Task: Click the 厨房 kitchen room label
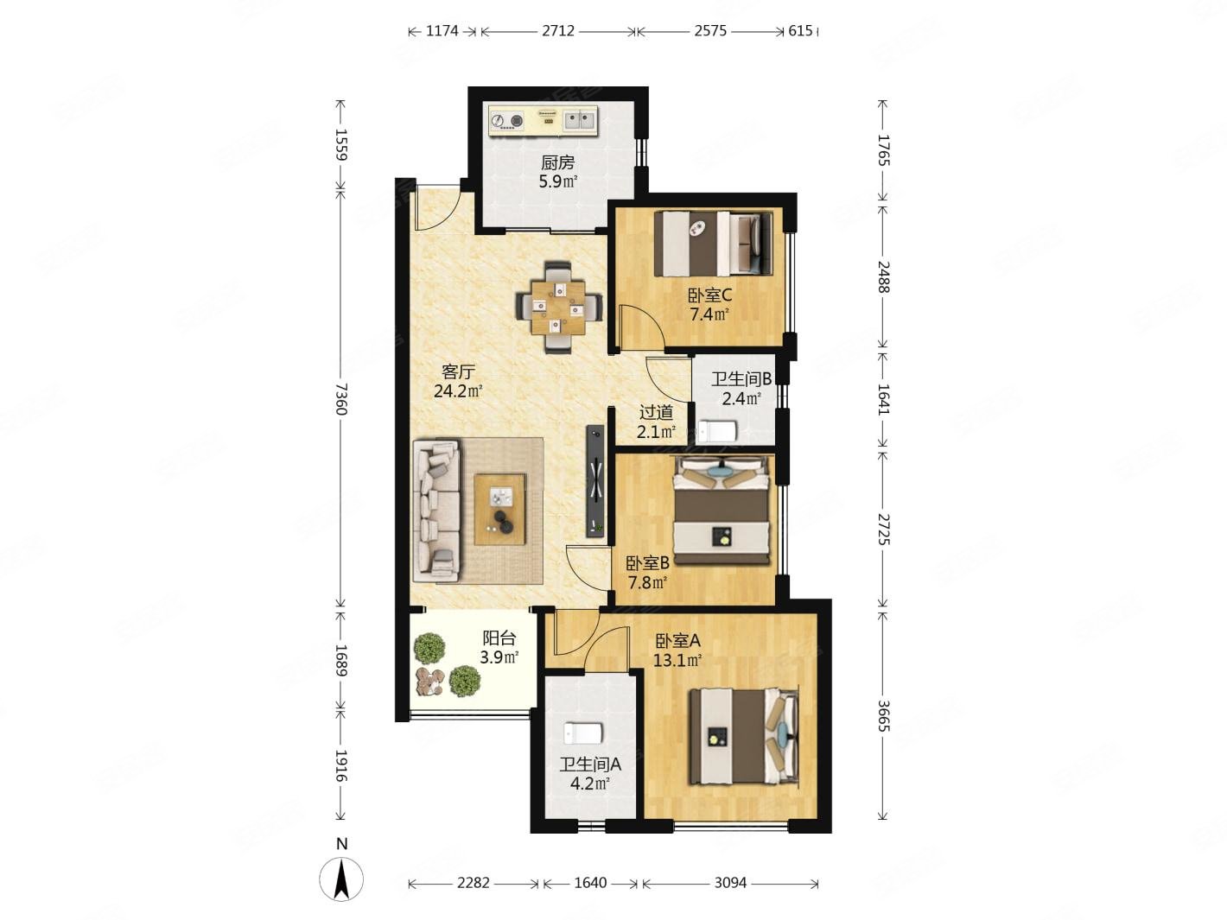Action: click(x=556, y=163)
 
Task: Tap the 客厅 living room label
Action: click(x=458, y=372)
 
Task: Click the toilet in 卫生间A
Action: click(x=582, y=733)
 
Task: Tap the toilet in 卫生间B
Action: click(x=717, y=431)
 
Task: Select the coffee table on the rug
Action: click(x=499, y=509)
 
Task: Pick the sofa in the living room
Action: click(x=436, y=511)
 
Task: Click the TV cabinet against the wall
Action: click(x=595, y=482)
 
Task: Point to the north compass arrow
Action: click(x=341, y=879)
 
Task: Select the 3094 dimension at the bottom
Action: click(x=730, y=883)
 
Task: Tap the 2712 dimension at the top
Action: click(x=557, y=31)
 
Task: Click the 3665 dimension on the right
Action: click(x=884, y=715)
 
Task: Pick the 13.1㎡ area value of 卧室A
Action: click(x=677, y=660)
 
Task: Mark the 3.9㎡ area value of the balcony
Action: click(x=499, y=657)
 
